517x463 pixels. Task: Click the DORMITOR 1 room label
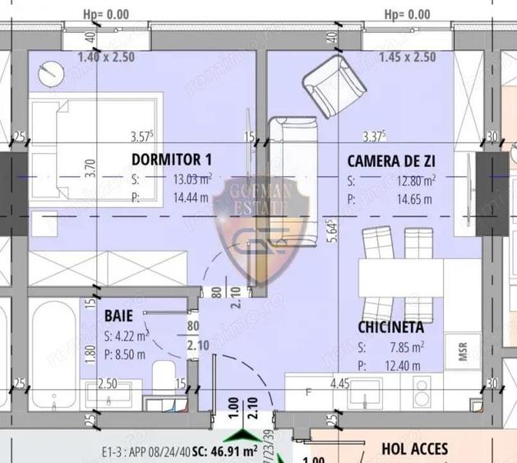(172, 160)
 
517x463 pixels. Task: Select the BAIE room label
(118, 315)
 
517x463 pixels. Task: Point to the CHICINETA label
(390, 327)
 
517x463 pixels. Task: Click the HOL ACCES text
(415, 449)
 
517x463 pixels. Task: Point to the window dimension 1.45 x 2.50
(409, 58)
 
